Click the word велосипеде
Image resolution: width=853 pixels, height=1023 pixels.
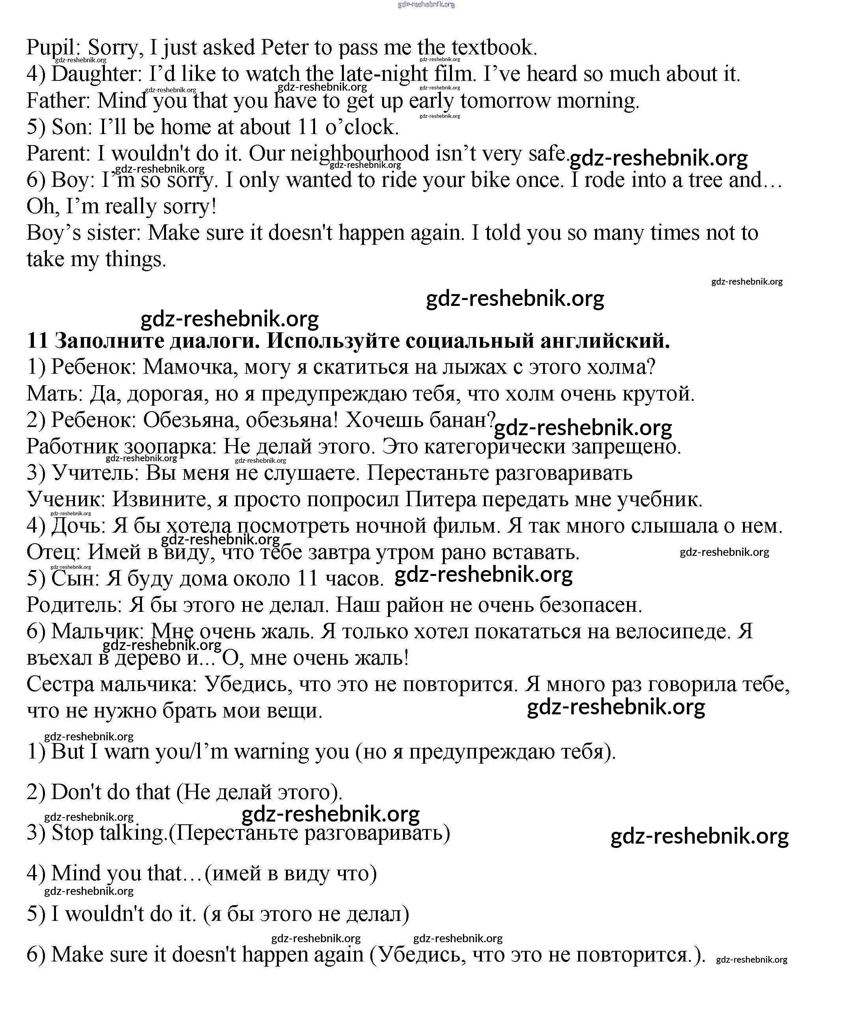673,631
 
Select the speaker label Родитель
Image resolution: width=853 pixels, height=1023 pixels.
73,605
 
